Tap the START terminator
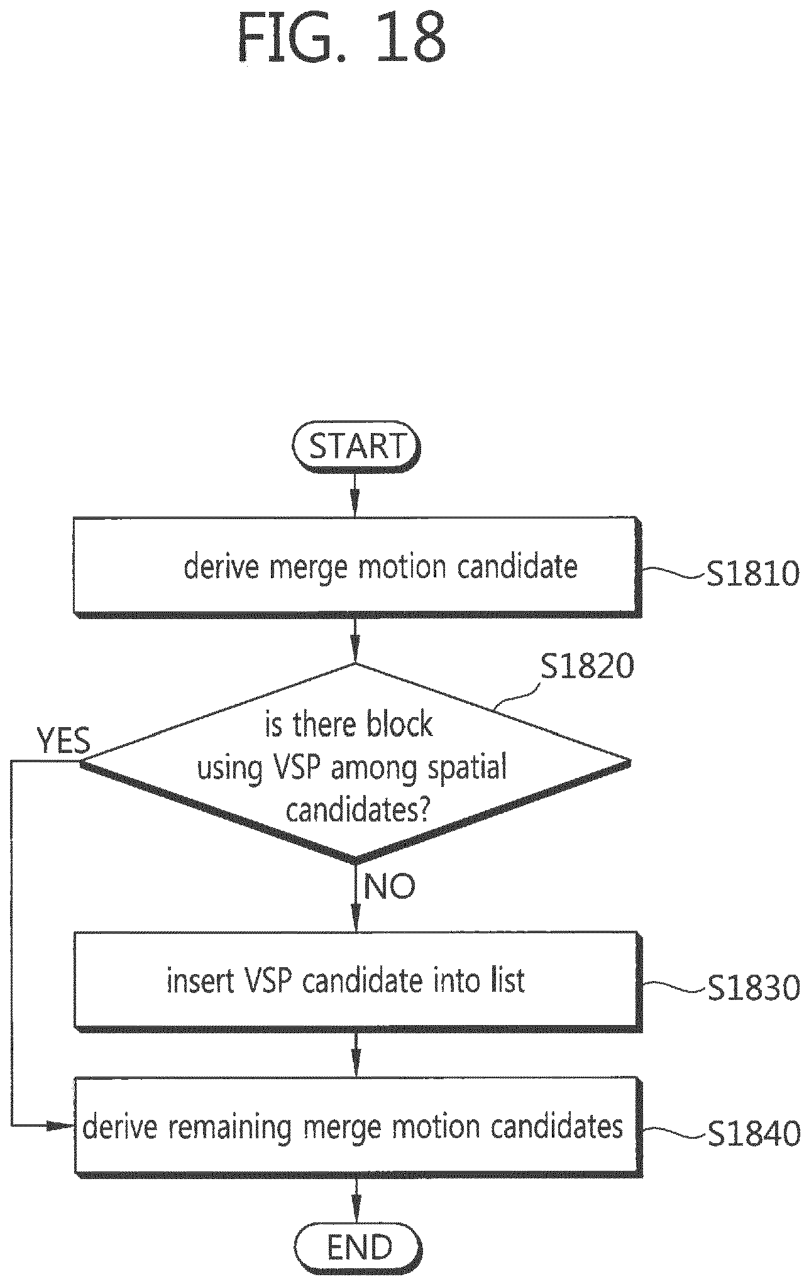pyautogui.click(x=356, y=449)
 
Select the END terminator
pyautogui.click(x=356, y=1248)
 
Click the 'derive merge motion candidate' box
pyautogui.click(x=356, y=568)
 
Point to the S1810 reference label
pyautogui.click(x=752, y=573)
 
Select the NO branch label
pyautogui.click(x=390, y=886)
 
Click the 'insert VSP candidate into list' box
pyautogui.click(x=358, y=982)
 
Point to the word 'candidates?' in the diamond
pyautogui.click(x=358, y=811)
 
